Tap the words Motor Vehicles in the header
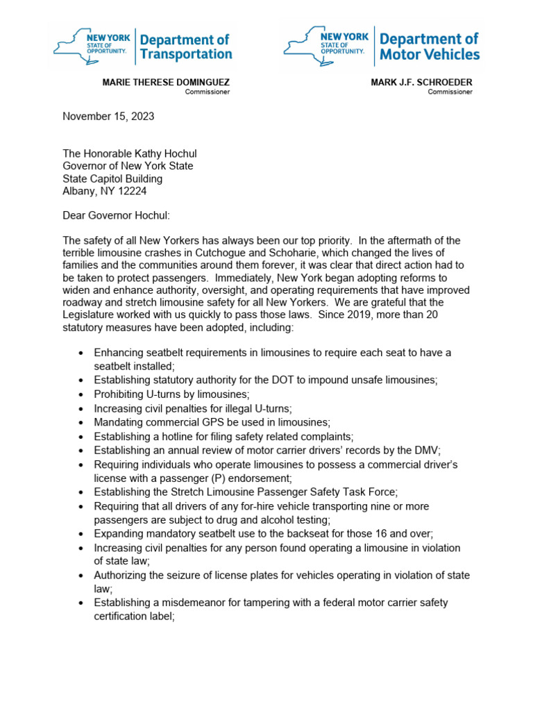click(430, 54)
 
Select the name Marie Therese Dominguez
click(166, 82)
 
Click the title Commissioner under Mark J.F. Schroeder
click(450, 92)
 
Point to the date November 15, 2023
click(108, 117)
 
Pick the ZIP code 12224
click(132, 191)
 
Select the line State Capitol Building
click(112, 178)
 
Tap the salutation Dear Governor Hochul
click(113, 216)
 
